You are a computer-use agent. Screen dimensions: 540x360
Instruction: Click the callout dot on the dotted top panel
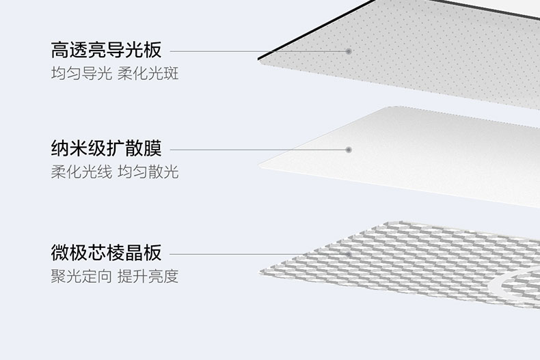349,51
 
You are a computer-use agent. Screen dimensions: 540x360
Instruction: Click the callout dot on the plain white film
349,149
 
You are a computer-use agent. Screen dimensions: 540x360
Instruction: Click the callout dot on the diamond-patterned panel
349,254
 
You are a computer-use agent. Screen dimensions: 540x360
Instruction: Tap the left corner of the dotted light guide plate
260,59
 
